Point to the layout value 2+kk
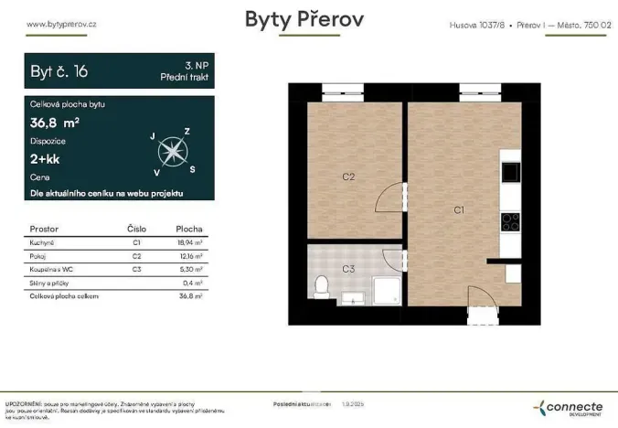point(45,158)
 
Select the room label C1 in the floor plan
point(459,209)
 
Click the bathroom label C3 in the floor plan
point(348,269)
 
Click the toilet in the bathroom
point(320,287)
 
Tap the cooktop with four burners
point(510,221)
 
